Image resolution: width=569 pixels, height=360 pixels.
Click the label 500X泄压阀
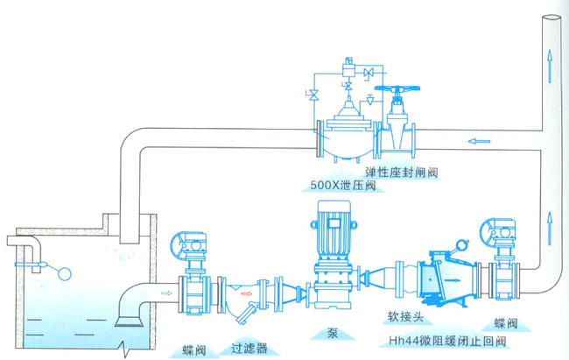point(342,186)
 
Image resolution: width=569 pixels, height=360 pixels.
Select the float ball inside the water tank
point(60,272)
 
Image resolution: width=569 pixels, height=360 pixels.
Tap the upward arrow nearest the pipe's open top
point(549,59)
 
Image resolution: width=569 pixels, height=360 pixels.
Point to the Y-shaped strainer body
point(244,295)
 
